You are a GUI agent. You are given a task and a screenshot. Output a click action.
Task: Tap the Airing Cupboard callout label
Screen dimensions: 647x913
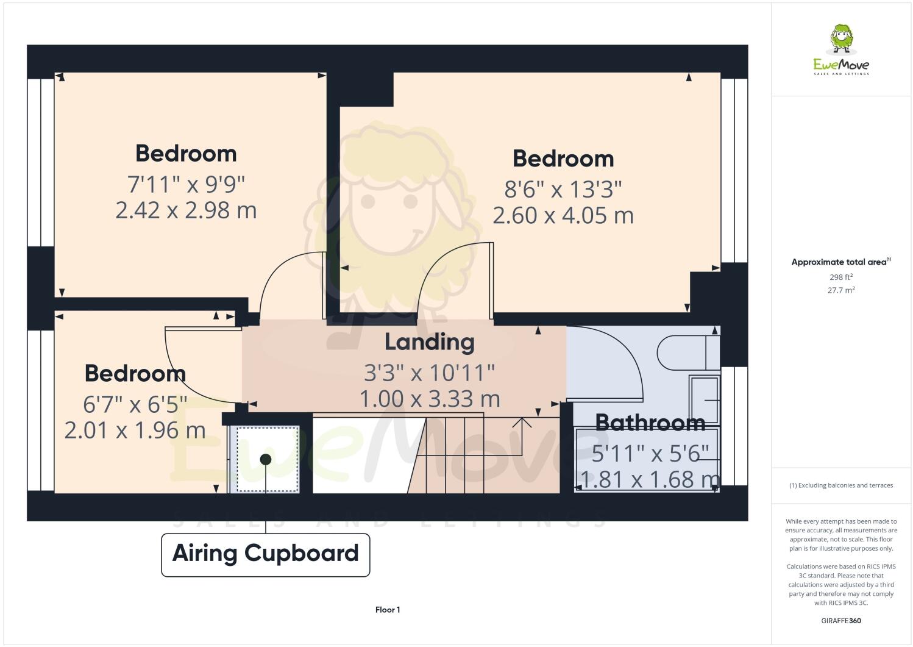pyautogui.click(x=266, y=554)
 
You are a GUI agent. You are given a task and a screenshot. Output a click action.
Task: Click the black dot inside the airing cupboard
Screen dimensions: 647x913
pyautogui.click(x=266, y=459)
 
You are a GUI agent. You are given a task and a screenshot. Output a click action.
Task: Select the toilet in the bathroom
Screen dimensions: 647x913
pyautogui.click(x=686, y=352)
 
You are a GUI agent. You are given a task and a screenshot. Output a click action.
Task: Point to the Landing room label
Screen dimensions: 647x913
pyautogui.click(x=429, y=342)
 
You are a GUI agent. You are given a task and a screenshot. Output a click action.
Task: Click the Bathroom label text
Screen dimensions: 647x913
pyautogui.click(x=650, y=423)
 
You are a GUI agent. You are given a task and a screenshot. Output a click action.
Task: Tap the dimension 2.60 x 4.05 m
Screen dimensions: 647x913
pyautogui.click(x=563, y=215)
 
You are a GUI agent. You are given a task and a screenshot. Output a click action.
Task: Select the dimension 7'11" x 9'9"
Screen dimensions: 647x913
pyautogui.click(x=186, y=183)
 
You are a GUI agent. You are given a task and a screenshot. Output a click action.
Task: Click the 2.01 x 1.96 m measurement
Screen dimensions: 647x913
pyautogui.click(x=135, y=431)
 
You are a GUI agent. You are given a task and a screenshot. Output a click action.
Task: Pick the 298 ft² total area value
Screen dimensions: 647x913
pyautogui.click(x=841, y=277)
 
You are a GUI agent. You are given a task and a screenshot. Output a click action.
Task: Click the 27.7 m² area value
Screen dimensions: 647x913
pyautogui.click(x=841, y=290)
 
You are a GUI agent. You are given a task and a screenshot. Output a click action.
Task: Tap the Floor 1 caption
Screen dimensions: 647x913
pyautogui.click(x=388, y=610)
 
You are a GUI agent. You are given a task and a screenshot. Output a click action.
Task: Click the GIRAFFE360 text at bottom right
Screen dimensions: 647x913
pyautogui.click(x=841, y=621)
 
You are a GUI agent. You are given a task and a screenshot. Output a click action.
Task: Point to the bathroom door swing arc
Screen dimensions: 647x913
pyautogui.click(x=628, y=360)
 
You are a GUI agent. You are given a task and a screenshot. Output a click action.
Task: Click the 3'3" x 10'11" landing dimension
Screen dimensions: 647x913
pyautogui.click(x=429, y=371)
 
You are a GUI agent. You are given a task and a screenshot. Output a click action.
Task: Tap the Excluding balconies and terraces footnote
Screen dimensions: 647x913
pyautogui.click(x=841, y=485)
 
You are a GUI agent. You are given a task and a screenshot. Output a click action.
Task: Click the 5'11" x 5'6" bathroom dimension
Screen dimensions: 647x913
pyautogui.click(x=650, y=453)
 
